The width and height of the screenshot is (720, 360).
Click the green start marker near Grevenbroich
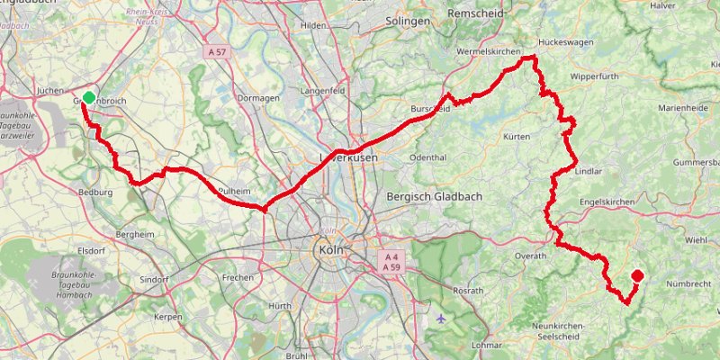[88, 97]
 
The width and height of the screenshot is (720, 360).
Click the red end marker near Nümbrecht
[637, 276]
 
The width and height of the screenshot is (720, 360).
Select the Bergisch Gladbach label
[432, 196]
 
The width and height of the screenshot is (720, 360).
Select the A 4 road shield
[391, 256]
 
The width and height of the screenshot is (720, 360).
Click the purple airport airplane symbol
[439, 318]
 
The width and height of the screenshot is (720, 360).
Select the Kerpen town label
[168, 317]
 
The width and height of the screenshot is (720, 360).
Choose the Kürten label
[517, 137]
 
